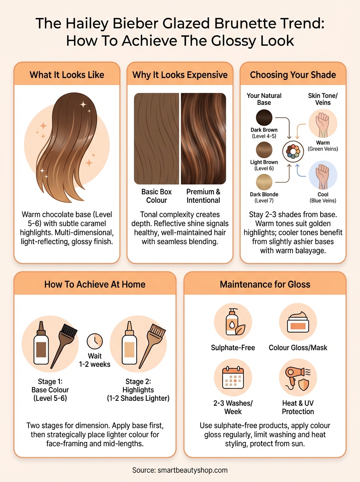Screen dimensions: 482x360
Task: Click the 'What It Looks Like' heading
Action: click(67, 75)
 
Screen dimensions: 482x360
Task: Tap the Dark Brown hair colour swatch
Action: click(264, 118)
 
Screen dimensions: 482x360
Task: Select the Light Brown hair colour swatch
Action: click(264, 150)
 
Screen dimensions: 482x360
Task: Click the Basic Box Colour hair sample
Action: click(157, 139)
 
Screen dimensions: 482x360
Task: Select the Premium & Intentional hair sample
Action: click(203, 139)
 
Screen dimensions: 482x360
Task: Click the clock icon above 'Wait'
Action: click(94, 341)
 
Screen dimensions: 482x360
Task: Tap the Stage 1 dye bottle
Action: click(41, 343)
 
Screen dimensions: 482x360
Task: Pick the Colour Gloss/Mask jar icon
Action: click(298, 322)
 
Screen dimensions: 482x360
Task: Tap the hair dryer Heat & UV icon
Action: click(297, 378)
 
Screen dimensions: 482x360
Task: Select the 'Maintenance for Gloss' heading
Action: click(265, 284)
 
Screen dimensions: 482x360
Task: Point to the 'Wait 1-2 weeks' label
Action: click(94, 360)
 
